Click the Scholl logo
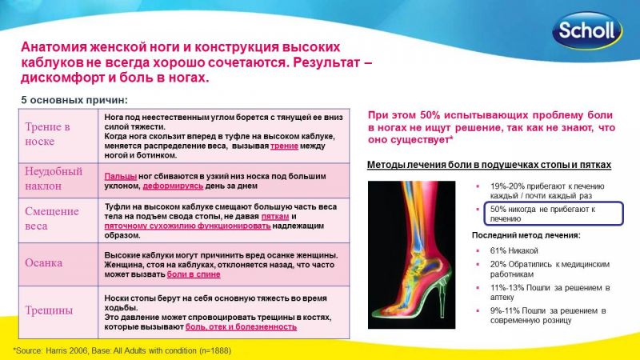(x=587, y=30)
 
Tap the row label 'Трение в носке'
(x=47, y=134)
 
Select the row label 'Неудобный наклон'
(x=54, y=178)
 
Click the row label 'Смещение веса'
(x=52, y=218)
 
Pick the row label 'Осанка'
(x=44, y=262)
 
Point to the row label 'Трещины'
(x=49, y=310)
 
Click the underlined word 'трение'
(x=284, y=146)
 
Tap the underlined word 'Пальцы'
(x=121, y=176)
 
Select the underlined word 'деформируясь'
(x=173, y=186)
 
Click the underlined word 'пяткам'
(x=275, y=216)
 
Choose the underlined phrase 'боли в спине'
(x=194, y=274)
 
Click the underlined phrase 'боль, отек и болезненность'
(x=241, y=327)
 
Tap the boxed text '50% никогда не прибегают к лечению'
(x=543, y=214)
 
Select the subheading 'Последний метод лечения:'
(x=526, y=235)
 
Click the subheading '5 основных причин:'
(x=74, y=100)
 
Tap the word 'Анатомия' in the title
(x=54, y=47)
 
